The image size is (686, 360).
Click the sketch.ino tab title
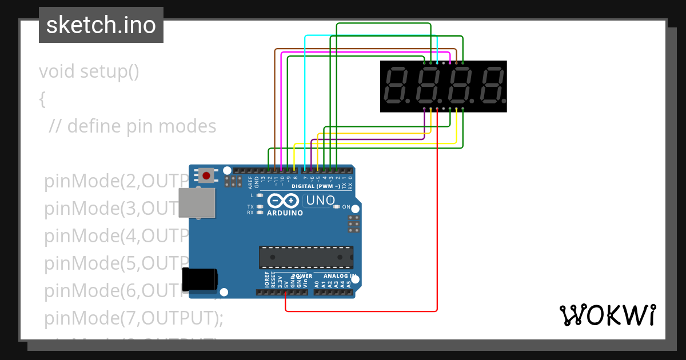[101, 25]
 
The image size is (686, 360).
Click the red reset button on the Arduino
[206, 175]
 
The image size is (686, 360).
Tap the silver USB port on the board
[198, 203]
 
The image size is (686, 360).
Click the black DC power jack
[200, 278]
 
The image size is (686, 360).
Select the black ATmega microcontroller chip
[306, 257]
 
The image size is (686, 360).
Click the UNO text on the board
[321, 201]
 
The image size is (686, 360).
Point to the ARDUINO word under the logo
[285, 213]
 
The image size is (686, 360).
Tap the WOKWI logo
[607, 315]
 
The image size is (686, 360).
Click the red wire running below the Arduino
[360, 311]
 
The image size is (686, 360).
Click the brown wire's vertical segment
[275, 103]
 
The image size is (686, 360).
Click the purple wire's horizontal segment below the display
[366, 139]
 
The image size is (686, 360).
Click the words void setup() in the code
[89, 72]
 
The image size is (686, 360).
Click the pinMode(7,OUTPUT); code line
[133, 318]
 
